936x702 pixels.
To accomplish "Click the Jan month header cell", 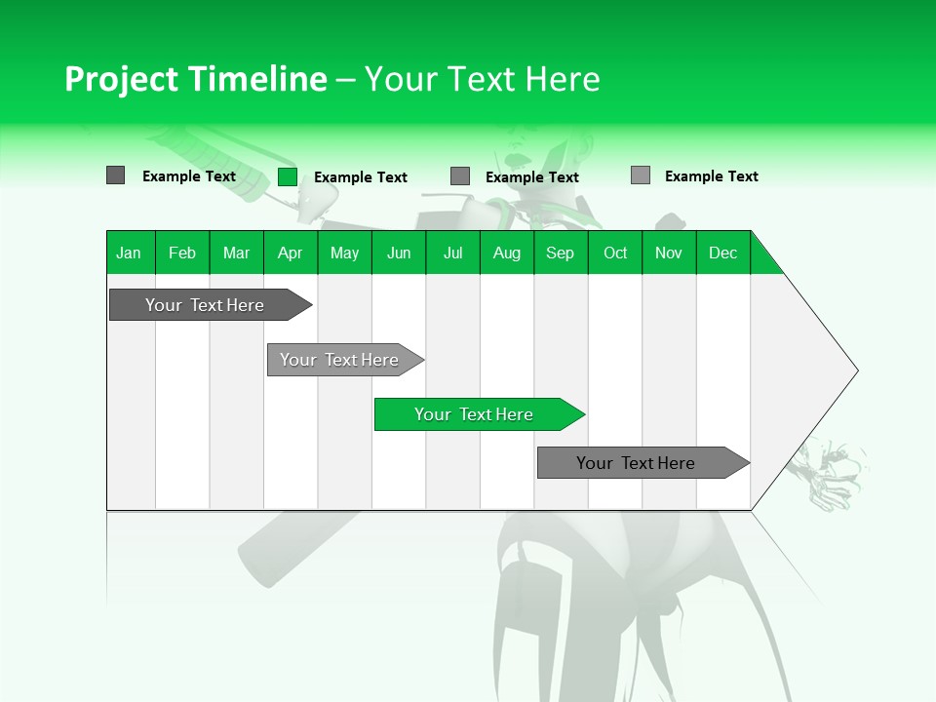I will [x=129, y=253].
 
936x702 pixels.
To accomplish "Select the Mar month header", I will [x=236, y=253].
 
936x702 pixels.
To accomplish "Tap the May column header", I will [x=344, y=253].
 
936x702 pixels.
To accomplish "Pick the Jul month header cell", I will [x=452, y=253].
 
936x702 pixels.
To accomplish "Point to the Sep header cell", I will [x=560, y=253].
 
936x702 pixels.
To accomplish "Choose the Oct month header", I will [x=615, y=253].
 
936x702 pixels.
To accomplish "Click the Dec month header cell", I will [x=722, y=253].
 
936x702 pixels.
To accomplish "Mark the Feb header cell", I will [x=182, y=253].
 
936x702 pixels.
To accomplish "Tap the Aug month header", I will [x=506, y=253].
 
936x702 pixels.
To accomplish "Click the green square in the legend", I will [x=287, y=176].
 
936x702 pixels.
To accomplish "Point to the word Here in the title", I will [x=563, y=79].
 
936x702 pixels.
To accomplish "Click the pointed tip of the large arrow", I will [x=855, y=370].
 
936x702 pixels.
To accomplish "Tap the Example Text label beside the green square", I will [x=360, y=176].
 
